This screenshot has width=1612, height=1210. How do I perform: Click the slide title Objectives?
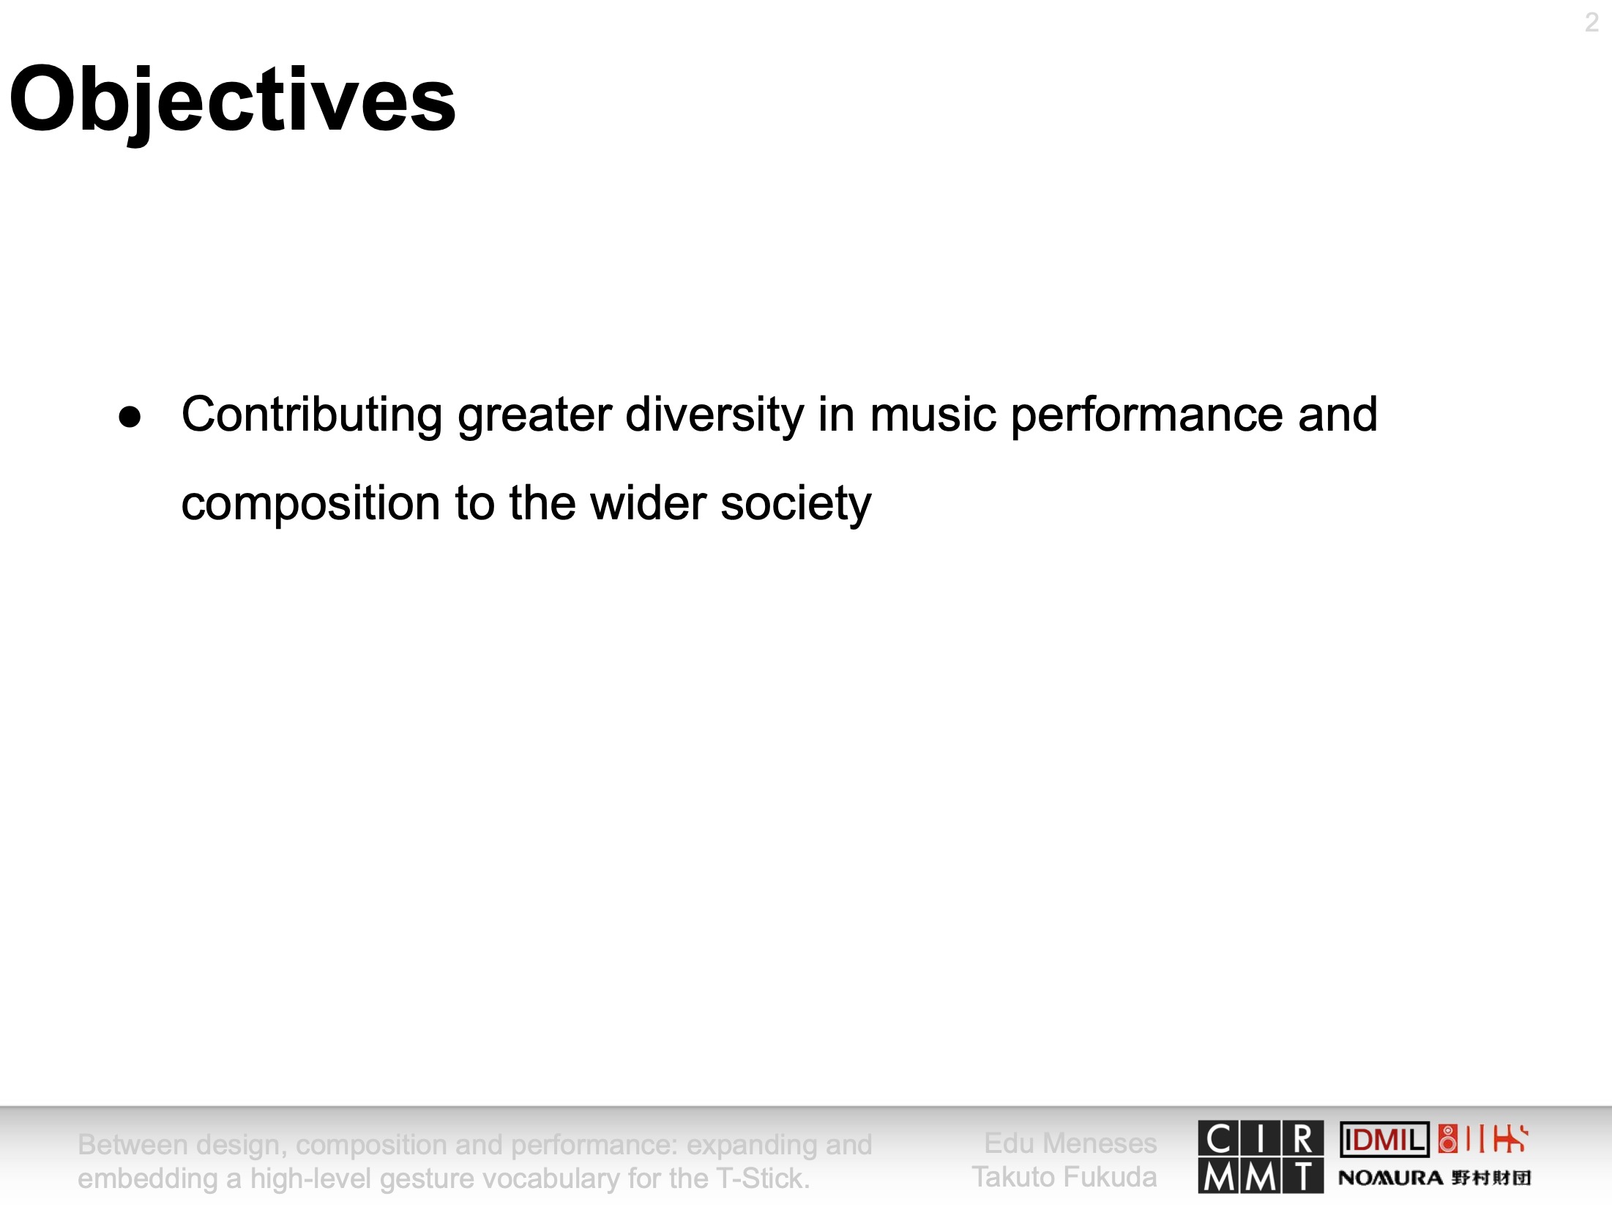tap(233, 100)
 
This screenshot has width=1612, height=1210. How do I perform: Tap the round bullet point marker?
tap(130, 417)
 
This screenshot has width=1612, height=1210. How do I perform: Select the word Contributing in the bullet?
tap(312, 416)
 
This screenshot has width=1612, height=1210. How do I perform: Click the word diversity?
tap(714, 416)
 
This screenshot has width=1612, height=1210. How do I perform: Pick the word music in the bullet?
tap(933, 415)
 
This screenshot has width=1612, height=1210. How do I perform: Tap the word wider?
tap(648, 503)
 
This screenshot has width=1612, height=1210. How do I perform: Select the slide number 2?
tap(1592, 23)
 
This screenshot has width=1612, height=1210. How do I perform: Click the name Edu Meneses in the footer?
tap(1070, 1143)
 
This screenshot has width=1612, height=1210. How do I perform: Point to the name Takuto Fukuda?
tap(1064, 1177)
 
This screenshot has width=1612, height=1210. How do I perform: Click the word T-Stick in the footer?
tap(763, 1179)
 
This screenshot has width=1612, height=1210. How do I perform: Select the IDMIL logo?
tap(1384, 1140)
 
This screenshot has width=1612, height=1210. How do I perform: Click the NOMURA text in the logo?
tap(1390, 1178)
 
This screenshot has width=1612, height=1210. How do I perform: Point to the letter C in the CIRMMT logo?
tap(1218, 1139)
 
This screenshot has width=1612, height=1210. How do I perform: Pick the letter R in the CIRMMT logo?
tap(1303, 1139)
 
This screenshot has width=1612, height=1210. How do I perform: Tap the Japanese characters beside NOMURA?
tap(1491, 1178)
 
